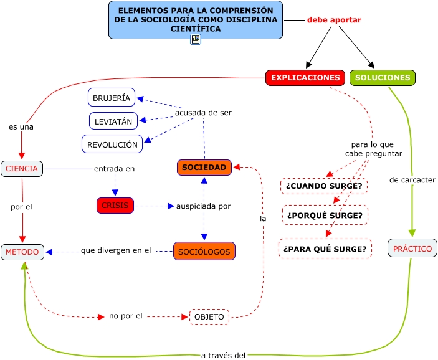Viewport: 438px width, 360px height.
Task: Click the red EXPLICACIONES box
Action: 305,78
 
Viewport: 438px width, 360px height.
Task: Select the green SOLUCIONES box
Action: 383,78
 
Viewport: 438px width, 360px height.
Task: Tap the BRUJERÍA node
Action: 112,98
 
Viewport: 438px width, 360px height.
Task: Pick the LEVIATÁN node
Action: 113,121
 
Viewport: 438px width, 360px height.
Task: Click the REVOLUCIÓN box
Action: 112,144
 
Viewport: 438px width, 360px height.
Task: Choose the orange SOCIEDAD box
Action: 204,168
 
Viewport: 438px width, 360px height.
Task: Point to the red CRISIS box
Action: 115,206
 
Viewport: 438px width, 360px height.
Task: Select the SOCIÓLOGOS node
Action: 204,252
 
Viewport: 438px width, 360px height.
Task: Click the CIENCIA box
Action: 22,168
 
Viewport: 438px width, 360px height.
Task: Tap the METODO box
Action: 22,252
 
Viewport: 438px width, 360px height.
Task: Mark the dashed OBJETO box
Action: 209,317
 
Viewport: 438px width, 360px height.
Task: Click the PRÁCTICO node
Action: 412,248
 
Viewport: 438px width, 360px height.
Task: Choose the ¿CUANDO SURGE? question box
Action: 324,186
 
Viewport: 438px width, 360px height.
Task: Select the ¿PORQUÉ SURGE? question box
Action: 325,216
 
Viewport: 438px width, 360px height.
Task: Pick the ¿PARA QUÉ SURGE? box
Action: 325,249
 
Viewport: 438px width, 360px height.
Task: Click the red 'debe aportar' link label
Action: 334,20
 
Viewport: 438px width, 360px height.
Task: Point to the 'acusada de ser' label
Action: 203,113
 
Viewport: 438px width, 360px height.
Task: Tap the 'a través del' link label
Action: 223,355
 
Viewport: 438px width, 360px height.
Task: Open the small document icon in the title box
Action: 196,39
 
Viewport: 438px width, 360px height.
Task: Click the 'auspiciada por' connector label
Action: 204,206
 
